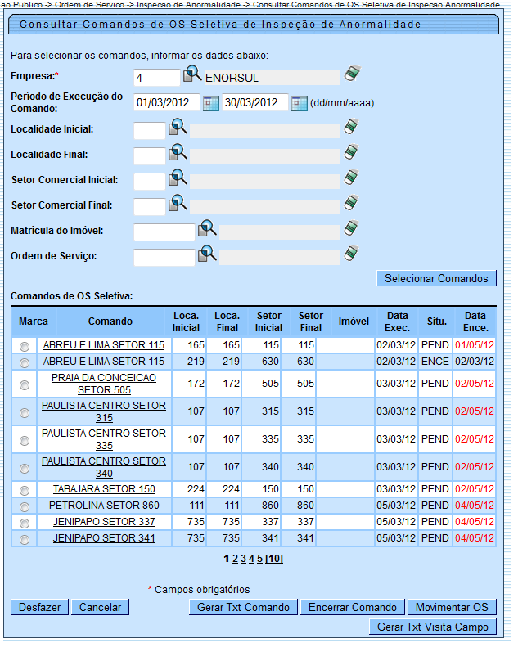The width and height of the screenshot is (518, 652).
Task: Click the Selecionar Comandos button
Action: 436,278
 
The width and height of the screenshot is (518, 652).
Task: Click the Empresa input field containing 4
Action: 155,78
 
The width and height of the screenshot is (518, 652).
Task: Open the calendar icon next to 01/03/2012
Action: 211,103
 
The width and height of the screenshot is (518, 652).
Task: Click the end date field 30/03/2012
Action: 254,103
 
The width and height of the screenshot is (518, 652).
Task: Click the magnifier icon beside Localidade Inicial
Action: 178,128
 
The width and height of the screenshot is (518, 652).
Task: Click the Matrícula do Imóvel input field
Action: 164,232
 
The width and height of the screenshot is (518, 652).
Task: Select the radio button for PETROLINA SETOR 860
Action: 25,506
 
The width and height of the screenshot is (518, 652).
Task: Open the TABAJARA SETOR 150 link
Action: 104,489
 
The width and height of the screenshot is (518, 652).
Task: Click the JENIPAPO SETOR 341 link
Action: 104,538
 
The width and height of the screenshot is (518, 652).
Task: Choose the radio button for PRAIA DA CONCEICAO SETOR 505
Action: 25,384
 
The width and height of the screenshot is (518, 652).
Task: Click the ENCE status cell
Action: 435,361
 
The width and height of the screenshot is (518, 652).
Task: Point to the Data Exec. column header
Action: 398,321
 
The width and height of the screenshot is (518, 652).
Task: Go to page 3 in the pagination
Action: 243,559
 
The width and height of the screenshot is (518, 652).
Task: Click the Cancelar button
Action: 101,607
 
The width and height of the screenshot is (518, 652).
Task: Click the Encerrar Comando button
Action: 352,607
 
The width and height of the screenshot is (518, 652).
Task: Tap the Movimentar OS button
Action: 452,607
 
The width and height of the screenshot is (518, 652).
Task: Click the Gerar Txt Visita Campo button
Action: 433,627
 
